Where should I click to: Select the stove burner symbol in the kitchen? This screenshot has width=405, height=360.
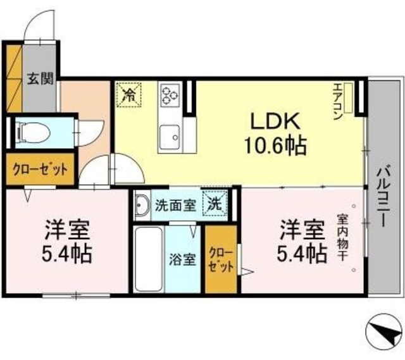coord(170,96)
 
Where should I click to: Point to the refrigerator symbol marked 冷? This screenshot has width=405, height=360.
coord(128,96)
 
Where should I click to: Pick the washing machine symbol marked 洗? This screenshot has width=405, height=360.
coord(214,204)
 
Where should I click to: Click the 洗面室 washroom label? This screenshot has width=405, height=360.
coord(176,205)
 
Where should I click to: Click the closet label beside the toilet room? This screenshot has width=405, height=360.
coord(40,169)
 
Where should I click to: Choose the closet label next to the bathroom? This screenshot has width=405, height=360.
coord(221,258)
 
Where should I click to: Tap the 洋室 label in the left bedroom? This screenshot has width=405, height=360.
coord(68,228)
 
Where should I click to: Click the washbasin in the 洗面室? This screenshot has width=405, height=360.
coord(142,205)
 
